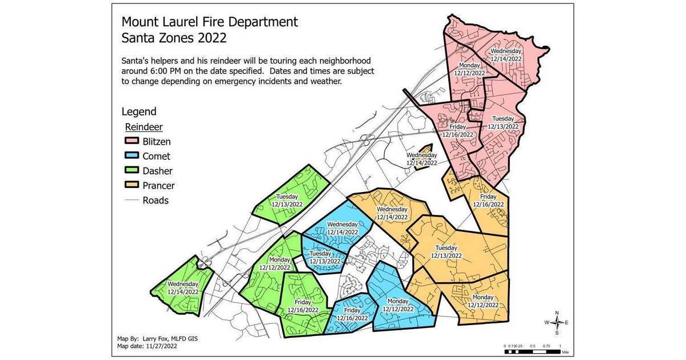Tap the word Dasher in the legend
[157, 171]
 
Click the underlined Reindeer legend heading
[144, 126]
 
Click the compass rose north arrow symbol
[557, 322]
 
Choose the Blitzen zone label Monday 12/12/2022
[469, 69]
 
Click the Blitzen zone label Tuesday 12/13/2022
[502, 122]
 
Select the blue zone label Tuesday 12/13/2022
[325, 257]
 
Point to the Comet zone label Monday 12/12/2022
[398, 305]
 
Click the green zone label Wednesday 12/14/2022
[183, 287]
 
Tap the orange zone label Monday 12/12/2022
[483, 301]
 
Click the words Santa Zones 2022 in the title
[174, 38]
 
